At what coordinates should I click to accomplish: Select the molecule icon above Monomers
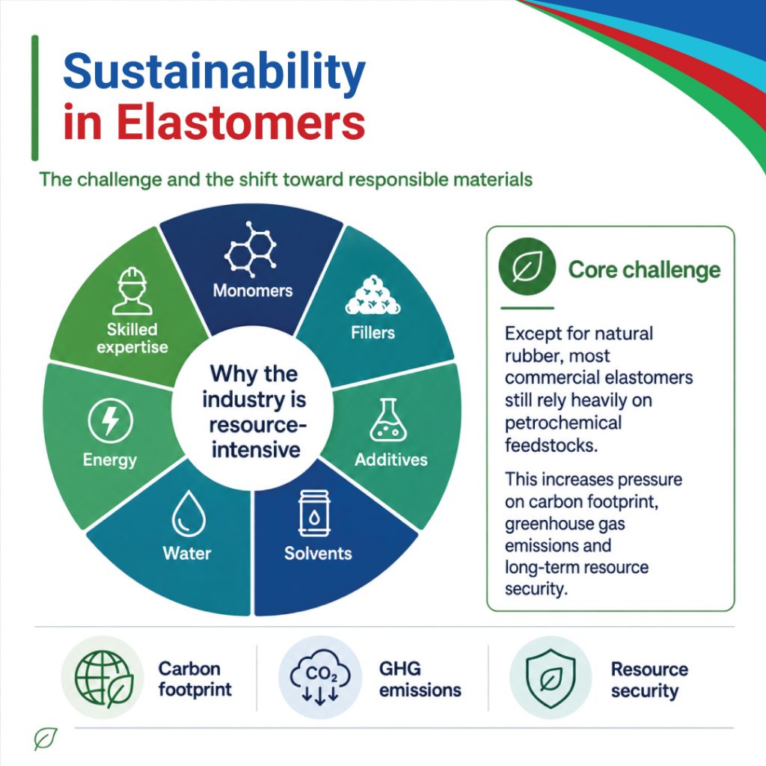coord(251,246)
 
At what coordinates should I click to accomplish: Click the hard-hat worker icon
coord(132,291)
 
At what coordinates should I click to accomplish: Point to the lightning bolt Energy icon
coord(111,420)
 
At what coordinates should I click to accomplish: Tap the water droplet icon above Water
coord(189,514)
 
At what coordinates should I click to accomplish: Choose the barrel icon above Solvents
coord(315,513)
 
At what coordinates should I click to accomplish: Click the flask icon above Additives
coord(388,420)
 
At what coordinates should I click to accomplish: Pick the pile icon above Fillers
coord(373,295)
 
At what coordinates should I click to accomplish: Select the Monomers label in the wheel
coord(253,291)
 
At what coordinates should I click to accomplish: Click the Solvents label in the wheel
coord(318,553)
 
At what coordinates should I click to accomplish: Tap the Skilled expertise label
coord(132,338)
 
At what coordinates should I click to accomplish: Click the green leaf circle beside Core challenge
coord(527,267)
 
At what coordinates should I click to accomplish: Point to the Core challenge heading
coord(644,269)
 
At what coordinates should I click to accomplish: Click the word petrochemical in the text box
coord(563,423)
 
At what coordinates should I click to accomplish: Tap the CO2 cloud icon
coord(320,677)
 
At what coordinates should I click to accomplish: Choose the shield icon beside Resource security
coord(551,678)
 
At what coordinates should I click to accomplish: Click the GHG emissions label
coord(420,679)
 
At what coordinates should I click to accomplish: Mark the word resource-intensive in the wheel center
coord(255,437)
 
